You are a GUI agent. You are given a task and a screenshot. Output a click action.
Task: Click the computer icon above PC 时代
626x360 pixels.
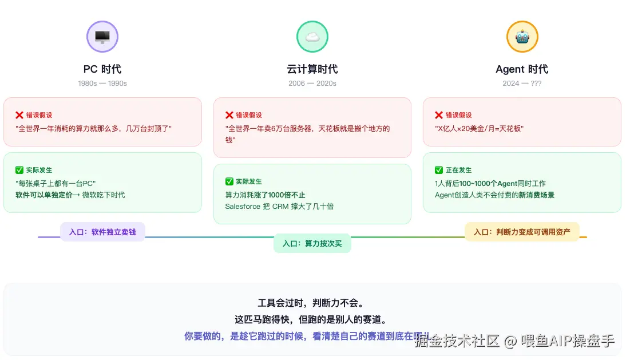coord(102,37)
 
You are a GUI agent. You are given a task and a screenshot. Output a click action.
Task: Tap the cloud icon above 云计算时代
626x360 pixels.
coord(312,37)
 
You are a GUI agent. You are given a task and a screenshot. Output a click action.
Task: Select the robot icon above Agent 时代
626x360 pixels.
coord(522,37)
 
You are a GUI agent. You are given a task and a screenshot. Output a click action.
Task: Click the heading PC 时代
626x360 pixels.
coord(102,69)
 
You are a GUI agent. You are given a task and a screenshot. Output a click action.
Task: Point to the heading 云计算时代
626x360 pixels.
coord(312,69)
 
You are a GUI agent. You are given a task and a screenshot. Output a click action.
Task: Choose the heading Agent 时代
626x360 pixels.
coord(522,69)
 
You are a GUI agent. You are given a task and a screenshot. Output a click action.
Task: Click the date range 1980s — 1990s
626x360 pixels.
coord(102,84)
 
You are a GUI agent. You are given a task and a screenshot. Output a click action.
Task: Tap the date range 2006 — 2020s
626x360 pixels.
coord(312,84)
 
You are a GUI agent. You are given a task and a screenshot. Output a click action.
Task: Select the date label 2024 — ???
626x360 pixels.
coord(522,84)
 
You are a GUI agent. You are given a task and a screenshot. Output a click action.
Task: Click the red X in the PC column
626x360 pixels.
coord(19,115)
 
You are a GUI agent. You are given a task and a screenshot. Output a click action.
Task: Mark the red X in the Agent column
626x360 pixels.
coord(439,115)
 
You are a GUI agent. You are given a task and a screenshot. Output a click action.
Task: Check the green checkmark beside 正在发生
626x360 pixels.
coord(439,170)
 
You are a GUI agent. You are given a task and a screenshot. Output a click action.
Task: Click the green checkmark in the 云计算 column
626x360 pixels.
coord(229,181)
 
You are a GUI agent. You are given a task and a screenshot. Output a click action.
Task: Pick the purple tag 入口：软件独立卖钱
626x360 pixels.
coord(102,232)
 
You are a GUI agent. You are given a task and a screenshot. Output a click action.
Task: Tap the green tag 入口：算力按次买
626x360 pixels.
coord(312,243)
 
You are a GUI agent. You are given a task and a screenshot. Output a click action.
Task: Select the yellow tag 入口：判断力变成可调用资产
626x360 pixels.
coord(522,232)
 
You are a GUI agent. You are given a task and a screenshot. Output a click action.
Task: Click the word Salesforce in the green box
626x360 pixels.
coord(243,206)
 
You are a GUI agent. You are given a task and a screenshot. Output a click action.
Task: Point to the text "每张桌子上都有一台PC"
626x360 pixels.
coord(56,183)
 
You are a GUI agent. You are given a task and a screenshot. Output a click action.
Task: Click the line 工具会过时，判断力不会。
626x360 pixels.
coord(311,303)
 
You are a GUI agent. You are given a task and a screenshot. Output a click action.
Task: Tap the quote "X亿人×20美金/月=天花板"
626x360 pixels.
coord(480,128)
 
